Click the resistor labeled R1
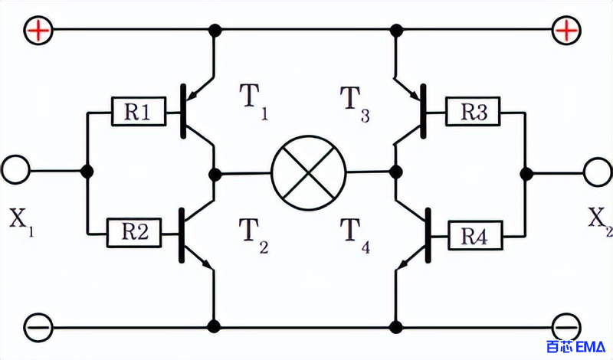click(x=139, y=112)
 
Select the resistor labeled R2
click(x=133, y=233)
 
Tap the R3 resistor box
click(x=473, y=111)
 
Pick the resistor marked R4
click(x=475, y=235)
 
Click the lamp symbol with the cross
click(x=309, y=173)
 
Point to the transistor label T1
click(x=254, y=101)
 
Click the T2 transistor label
click(x=254, y=235)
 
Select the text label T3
click(x=355, y=103)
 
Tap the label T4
click(x=355, y=235)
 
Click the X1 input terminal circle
click(x=15, y=169)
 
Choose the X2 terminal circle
click(x=598, y=172)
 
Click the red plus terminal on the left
click(x=38, y=30)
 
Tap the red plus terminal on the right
click(x=566, y=30)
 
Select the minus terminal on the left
click(x=38, y=327)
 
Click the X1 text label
click(x=21, y=222)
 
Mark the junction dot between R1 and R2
click(x=87, y=172)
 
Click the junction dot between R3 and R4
click(x=526, y=173)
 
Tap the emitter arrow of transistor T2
click(x=206, y=264)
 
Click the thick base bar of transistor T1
click(x=183, y=111)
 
